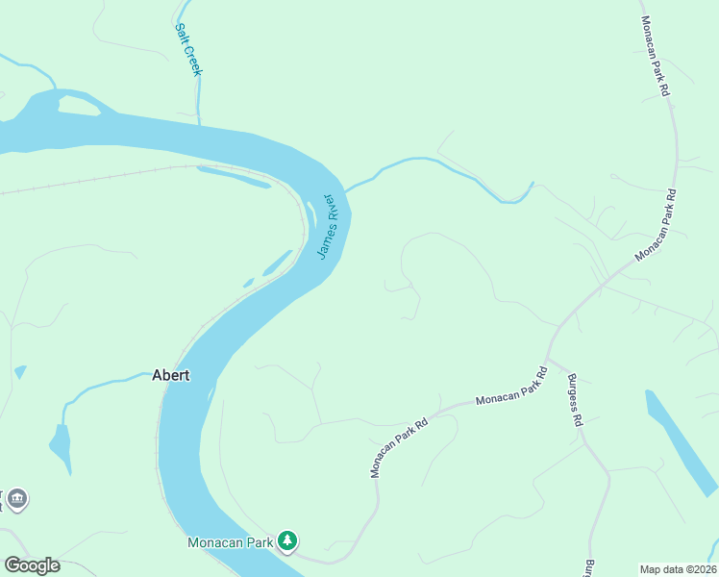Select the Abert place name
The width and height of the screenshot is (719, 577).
pos(171,376)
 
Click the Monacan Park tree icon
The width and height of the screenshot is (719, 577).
pos(287,542)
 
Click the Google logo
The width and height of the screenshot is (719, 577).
pos(32,565)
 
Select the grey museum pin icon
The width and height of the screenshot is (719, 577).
pos(16,499)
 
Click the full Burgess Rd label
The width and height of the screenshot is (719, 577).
pos(575,400)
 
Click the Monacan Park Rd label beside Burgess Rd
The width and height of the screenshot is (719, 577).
pos(511,385)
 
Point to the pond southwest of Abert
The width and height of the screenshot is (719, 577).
pos(60,445)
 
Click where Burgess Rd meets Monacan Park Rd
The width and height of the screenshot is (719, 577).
pos(549,356)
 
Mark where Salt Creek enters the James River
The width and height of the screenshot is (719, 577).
pos(199,125)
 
